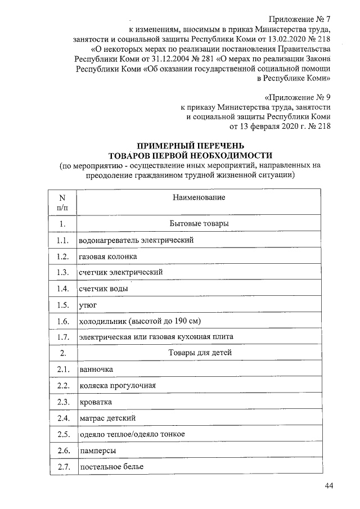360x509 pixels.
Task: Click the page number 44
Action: click(x=328, y=486)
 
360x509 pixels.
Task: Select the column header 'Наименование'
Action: click(x=199, y=198)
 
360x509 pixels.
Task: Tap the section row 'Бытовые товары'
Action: click(x=199, y=224)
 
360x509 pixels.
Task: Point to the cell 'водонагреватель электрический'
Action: click(x=137, y=240)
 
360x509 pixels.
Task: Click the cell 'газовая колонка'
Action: click(x=108, y=256)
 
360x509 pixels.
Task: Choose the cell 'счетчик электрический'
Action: click(x=121, y=272)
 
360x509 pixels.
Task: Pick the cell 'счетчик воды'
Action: click(x=103, y=289)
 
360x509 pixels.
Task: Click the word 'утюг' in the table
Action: click(x=88, y=305)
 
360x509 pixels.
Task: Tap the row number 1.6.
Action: click(x=62, y=321)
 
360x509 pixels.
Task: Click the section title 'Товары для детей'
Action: click(x=200, y=353)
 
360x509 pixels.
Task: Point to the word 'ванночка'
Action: click(x=96, y=369)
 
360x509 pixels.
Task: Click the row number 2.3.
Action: click(x=62, y=402)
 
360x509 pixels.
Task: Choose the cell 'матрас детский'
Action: click(x=107, y=418)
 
